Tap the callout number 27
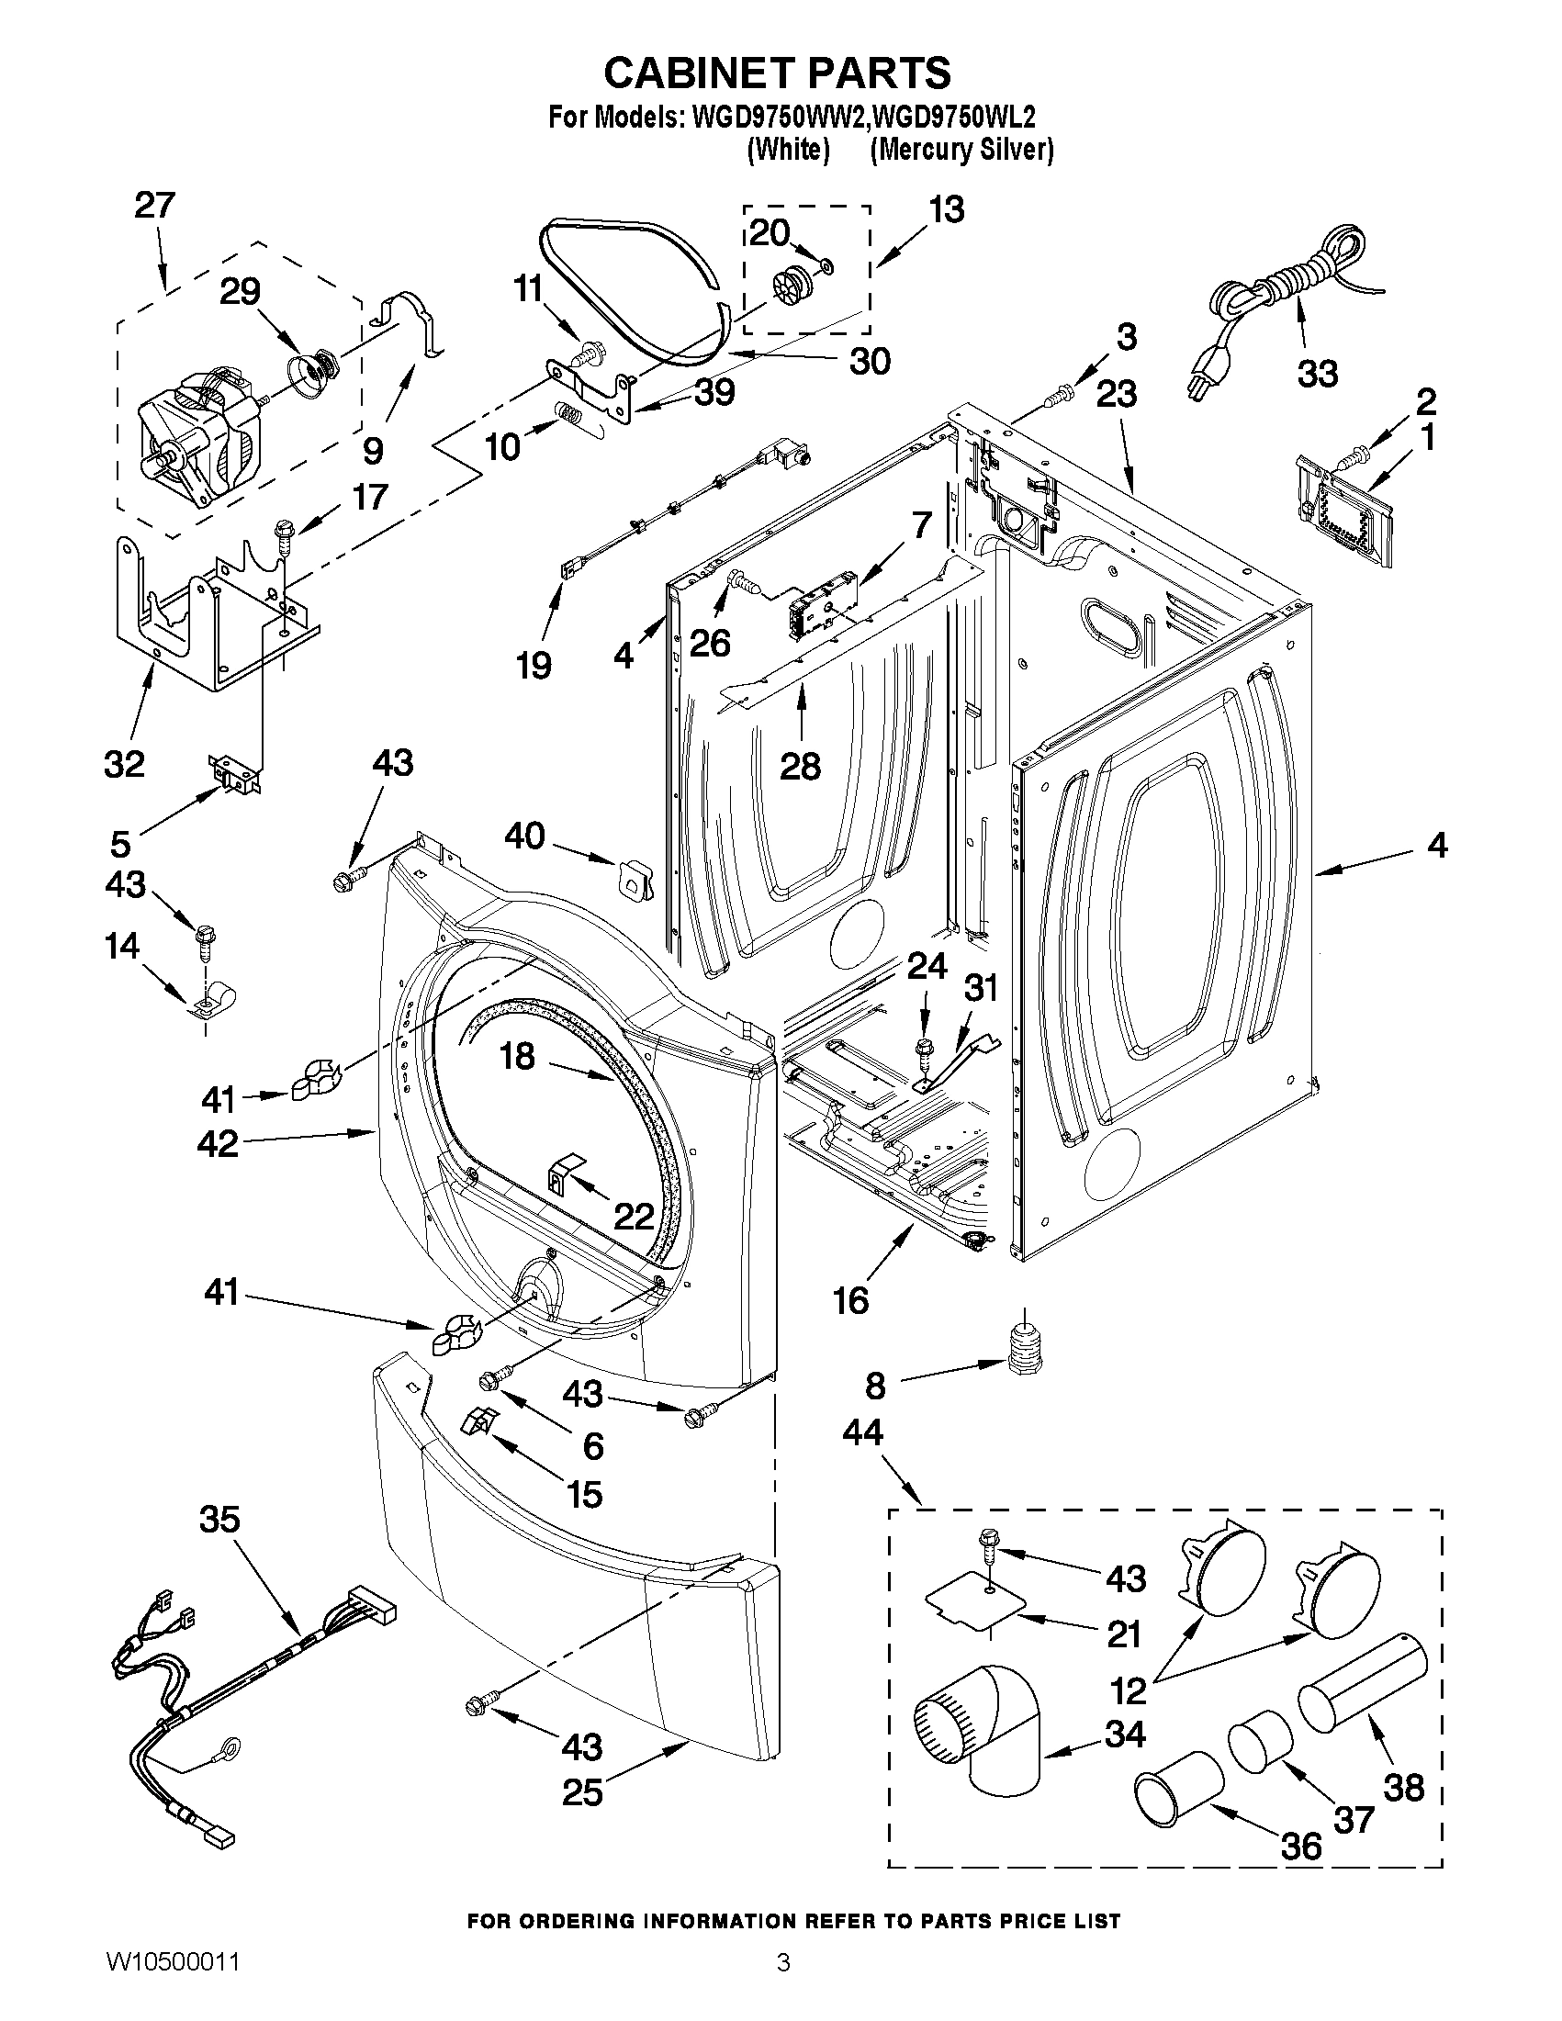pyautogui.click(x=154, y=206)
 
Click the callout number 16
pyautogui.click(x=850, y=1300)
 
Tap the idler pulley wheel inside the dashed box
pyautogui.click(x=790, y=277)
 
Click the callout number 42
pyautogui.click(x=218, y=1145)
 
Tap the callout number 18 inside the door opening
pyautogui.click(x=517, y=1056)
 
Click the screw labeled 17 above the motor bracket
pyautogui.click(x=282, y=534)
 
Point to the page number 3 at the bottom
pyautogui.click(x=783, y=1984)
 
